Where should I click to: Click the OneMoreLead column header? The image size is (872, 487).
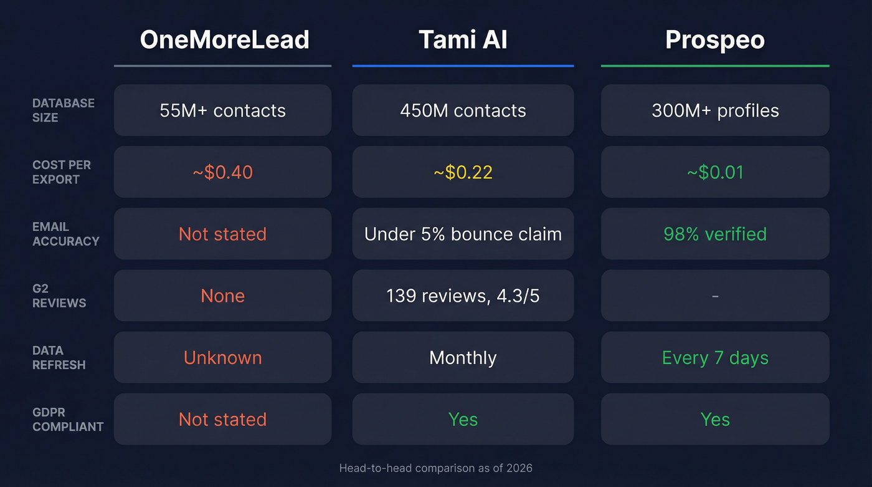tap(224, 40)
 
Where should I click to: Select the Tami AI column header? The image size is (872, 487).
tap(463, 40)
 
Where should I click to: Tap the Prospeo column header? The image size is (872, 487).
tap(714, 40)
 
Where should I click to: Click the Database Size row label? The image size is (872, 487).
tap(64, 110)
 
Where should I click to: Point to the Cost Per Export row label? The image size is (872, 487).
tap(62, 172)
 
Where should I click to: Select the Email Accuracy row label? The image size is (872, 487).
tap(65, 234)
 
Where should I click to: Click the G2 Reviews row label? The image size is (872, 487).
tap(59, 296)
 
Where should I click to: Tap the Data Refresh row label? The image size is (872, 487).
tap(59, 357)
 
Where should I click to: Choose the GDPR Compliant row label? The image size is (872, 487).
tap(68, 419)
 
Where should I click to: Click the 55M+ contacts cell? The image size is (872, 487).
tap(222, 110)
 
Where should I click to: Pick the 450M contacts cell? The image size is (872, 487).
tap(463, 110)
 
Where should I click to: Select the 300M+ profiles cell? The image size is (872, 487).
tap(715, 110)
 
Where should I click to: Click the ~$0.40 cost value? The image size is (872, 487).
tap(222, 172)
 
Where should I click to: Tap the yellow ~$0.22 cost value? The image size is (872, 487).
tap(463, 172)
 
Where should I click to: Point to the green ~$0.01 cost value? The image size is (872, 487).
tap(715, 172)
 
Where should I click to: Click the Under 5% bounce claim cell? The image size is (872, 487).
tap(463, 234)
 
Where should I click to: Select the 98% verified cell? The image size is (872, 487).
tap(715, 234)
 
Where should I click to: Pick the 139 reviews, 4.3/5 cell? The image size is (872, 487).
tap(463, 296)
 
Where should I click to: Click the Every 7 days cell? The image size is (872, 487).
tap(715, 357)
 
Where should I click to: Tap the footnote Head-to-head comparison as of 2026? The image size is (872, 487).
tap(436, 468)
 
